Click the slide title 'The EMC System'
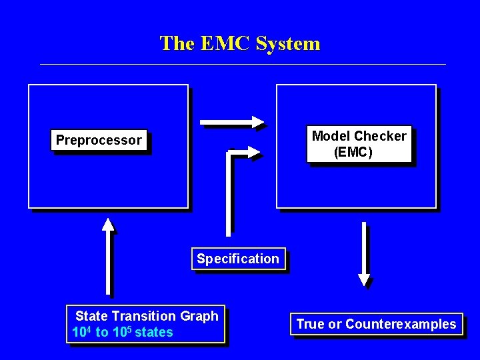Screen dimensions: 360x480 pyautogui.click(x=240, y=43)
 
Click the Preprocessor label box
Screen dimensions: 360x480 pyautogui.click(x=99, y=140)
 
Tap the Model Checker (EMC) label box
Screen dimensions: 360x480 pyautogui.click(x=359, y=144)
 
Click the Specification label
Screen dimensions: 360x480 pyautogui.click(x=238, y=259)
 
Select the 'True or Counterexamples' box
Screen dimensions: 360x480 pyautogui.click(x=376, y=325)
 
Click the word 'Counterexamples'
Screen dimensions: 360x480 pyautogui.click(x=401, y=325)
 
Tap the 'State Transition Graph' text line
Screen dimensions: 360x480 pyautogui.click(x=147, y=316)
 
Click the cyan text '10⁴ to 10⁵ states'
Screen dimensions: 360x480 pyautogui.click(x=123, y=332)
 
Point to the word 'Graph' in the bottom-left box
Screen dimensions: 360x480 pyautogui.click(x=200, y=316)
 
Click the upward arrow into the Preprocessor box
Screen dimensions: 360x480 pyautogui.click(x=108, y=257)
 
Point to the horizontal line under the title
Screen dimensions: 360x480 pyautogui.click(x=243, y=65)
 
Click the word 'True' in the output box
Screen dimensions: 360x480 pyautogui.click(x=310, y=325)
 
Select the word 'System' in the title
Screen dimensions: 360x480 pyautogui.click(x=287, y=43)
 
